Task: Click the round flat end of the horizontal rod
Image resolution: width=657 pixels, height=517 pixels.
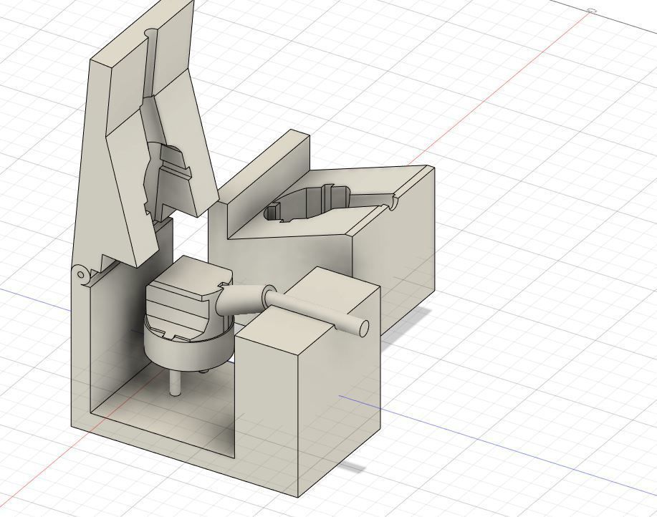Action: coord(363,328)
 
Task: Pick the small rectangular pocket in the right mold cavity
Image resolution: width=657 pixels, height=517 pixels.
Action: coord(272,212)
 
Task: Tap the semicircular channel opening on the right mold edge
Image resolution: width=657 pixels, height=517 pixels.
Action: coord(393,203)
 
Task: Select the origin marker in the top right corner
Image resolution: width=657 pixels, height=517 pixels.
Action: coord(592,11)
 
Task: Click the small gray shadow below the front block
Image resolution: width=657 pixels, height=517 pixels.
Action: coord(352,468)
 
